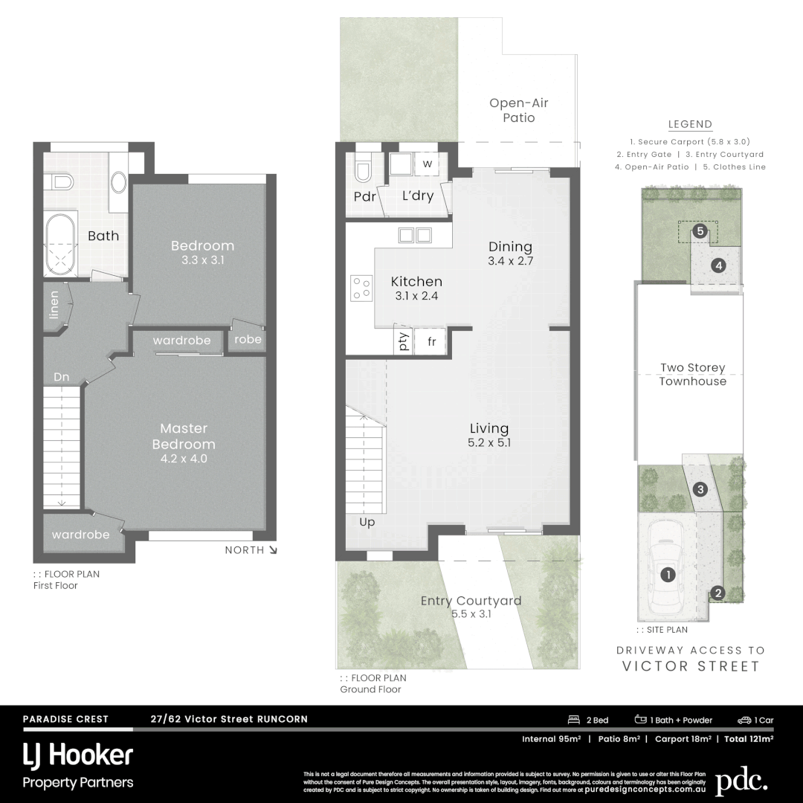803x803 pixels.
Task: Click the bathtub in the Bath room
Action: (x=60, y=246)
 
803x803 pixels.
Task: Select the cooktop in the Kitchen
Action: (x=361, y=288)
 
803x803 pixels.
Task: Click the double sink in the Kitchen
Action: (x=415, y=235)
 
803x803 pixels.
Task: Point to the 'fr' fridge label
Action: (x=431, y=343)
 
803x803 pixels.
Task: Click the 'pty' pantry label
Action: (x=404, y=343)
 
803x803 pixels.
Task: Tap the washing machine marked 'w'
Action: (x=428, y=164)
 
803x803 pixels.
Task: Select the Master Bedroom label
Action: (x=184, y=436)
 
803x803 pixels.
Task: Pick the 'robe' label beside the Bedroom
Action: (x=248, y=339)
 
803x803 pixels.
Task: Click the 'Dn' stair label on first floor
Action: (x=61, y=377)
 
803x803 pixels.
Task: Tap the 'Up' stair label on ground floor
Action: (x=367, y=522)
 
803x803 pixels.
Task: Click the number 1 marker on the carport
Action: (x=668, y=575)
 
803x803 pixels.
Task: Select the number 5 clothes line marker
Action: (x=699, y=231)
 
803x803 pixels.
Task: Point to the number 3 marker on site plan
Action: (x=700, y=489)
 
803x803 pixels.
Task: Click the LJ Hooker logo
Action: (x=78, y=756)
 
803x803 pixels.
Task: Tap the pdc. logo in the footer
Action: (x=741, y=781)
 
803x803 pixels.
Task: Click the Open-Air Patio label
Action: (x=518, y=110)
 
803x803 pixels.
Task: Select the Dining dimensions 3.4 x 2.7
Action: (x=510, y=261)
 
